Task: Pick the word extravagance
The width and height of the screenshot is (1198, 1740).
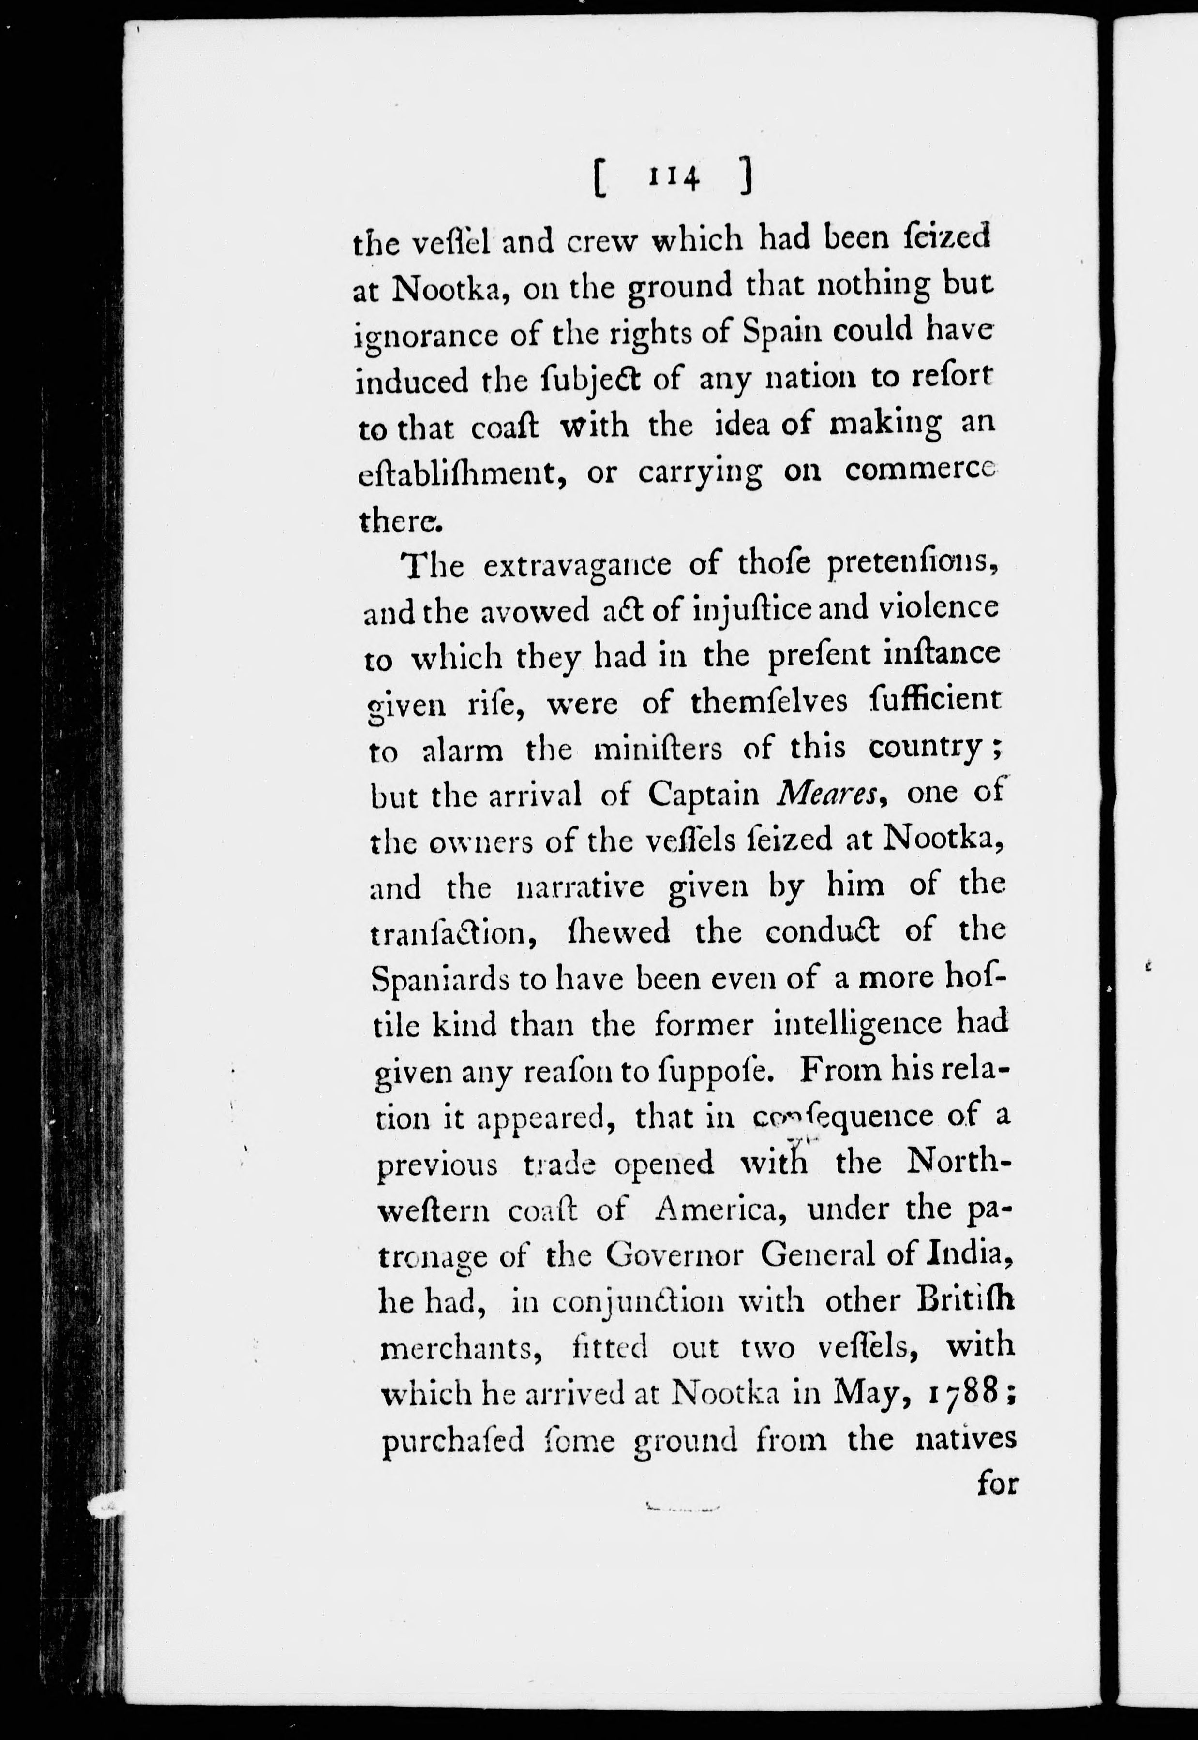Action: (576, 565)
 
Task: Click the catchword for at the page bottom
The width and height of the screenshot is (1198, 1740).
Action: (997, 1484)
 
